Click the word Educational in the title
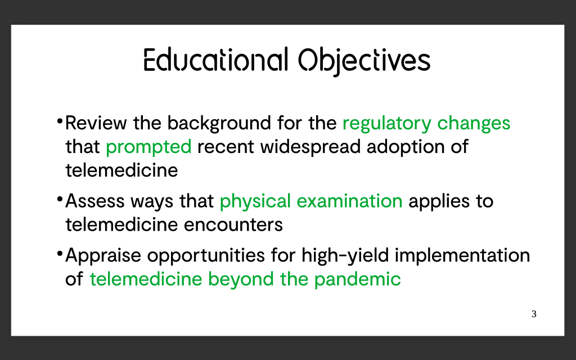point(215,60)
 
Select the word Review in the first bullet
point(96,123)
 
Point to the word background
point(219,123)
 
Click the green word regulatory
point(387,123)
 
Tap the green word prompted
point(148,147)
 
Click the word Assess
point(95,201)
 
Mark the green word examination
point(349,201)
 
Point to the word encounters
point(233,225)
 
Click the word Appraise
point(103,256)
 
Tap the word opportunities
point(206,256)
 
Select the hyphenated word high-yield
point(345,256)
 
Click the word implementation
point(462,256)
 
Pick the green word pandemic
point(357,280)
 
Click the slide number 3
point(534,314)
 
